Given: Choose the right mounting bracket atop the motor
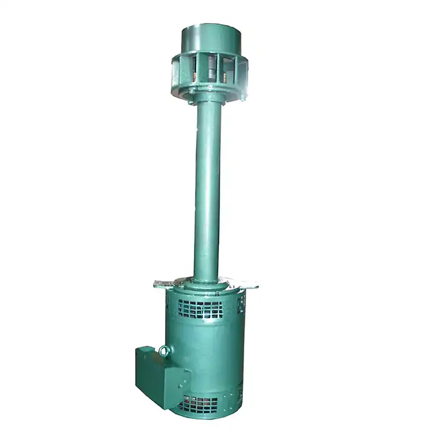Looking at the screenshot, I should (248, 283).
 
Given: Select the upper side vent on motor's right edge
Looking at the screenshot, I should (241, 302).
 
